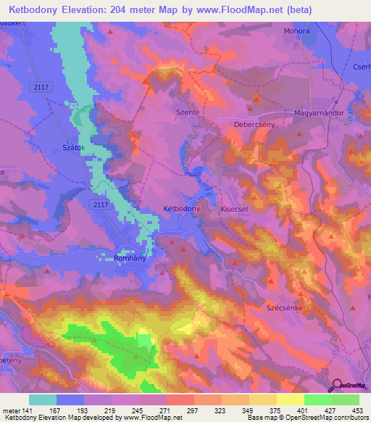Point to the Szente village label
[x=187, y=113]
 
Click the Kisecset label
[x=235, y=208]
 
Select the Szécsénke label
[x=287, y=307]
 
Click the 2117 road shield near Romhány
[x=100, y=205]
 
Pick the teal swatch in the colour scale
[x=43, y=400]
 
